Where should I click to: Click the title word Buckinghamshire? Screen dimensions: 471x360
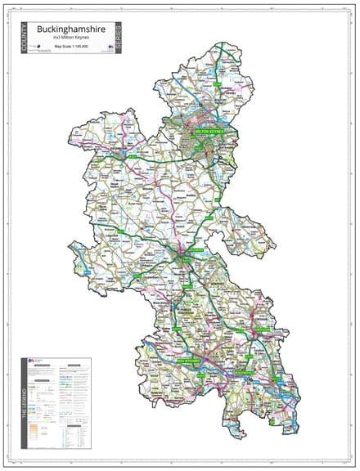click(x=74, y=29)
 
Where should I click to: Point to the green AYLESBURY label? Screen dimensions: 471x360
click(x=183, y=260)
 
